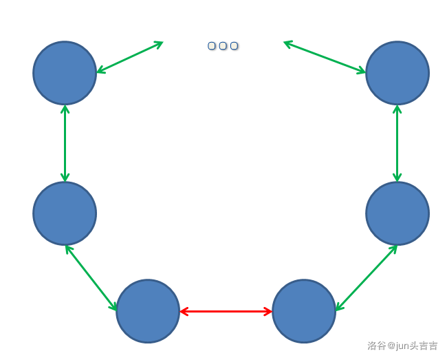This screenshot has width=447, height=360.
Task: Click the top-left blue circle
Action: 65,73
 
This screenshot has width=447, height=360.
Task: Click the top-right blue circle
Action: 397,73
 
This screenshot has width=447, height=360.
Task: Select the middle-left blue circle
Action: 65,213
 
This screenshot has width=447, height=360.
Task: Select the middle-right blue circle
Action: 397,213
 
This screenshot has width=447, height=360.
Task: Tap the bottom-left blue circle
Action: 148,311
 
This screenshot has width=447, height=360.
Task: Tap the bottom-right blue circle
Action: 304,311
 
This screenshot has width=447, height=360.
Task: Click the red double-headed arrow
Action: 226,312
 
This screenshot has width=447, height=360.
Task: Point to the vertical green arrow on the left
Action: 65,143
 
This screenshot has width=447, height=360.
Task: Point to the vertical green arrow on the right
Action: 397,143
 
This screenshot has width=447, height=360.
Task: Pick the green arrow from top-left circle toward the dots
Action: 129,57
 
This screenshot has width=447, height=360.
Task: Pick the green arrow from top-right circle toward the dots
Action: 325,57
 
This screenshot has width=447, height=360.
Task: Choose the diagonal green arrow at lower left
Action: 91,278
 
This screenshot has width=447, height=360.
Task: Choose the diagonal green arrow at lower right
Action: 366,278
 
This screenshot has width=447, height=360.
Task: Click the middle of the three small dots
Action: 223,46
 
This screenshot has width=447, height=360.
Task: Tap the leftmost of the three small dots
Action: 212,46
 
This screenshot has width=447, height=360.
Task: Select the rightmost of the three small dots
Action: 234,46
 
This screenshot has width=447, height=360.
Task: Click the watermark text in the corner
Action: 402,346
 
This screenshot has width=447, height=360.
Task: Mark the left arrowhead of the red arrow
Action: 184,312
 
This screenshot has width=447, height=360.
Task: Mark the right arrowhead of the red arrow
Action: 268,312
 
